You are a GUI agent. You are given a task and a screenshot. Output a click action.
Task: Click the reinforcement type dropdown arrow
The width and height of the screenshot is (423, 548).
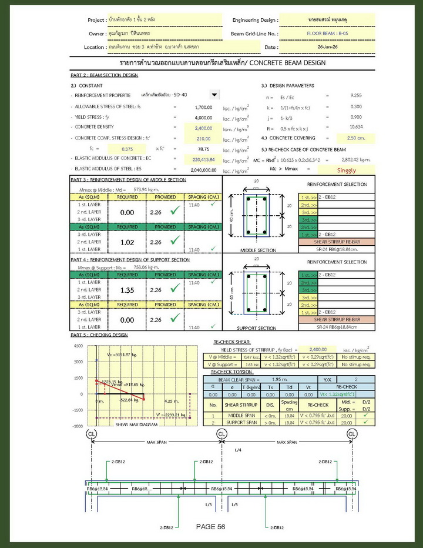pos(214,95)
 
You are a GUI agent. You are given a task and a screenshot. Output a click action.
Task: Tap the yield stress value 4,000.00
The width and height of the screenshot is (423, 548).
pos(203,118)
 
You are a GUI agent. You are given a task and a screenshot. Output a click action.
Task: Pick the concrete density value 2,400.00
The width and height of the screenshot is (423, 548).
pos(203,128)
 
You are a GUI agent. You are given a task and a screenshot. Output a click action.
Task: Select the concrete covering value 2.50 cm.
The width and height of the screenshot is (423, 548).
pos(355,138)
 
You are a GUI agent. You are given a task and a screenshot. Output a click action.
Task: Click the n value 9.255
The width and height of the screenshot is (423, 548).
pos(355,95)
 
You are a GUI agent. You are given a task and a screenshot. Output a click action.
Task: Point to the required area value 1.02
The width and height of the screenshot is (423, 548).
pos(127,242)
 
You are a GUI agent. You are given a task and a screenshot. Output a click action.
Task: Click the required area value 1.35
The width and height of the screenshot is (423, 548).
pos(127,290)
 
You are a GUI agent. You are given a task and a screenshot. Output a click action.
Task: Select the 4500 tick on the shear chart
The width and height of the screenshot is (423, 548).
pos(78,346)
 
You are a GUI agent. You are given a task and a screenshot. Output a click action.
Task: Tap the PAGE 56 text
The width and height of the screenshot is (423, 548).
pos(211,527)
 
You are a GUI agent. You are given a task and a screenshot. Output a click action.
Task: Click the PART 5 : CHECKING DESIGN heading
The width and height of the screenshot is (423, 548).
pos(99,335)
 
